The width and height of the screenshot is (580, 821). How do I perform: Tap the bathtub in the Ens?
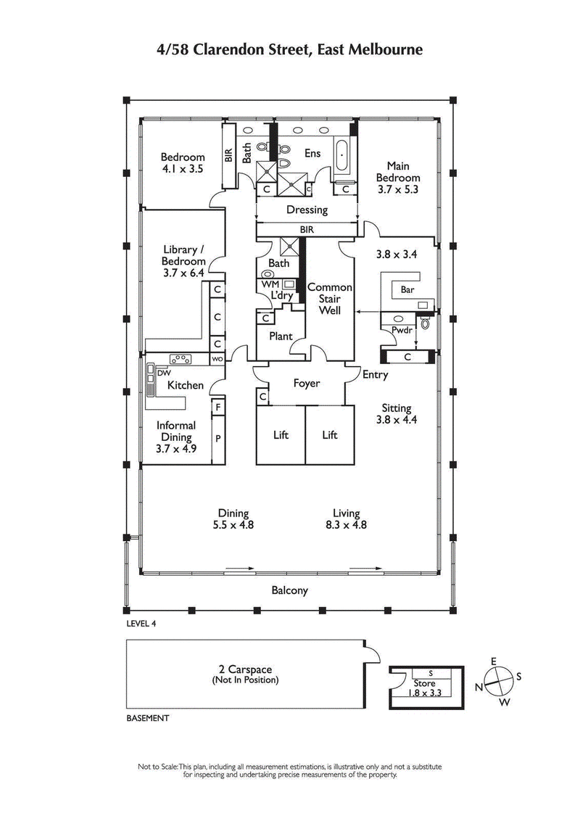pyautogui.click(x=342, y=155)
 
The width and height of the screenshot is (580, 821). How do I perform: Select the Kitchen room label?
pyautogui.click(x=186, y=385)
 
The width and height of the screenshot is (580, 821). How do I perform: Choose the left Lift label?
pyautogui.click(x=281, y=434)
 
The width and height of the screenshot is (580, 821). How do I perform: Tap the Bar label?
pyautogui.click(x=399, y=289)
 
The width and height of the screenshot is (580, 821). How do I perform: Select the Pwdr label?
pyautogui.click(x=402, y=330)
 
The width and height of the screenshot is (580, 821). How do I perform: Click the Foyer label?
pyautogui.click(x=306, y=384)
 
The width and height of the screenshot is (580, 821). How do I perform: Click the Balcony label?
pyautogui.click(x=289, y=590)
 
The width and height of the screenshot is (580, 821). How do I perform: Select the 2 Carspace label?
pyautogui.click(x=245, y=670)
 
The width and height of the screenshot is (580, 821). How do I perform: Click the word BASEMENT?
pyautogui.click(x=148, y=719)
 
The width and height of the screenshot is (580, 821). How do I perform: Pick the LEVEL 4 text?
pyautogui.click(x=141, y=623)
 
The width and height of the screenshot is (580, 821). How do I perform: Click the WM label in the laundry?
pyautogui.click(x=270, y=285)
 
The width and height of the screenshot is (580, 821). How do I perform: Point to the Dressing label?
pyautogui.click(x=307, y=210)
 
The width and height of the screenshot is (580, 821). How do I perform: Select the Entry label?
pyautogui.click(x=376, y=375)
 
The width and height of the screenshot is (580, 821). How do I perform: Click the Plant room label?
pyautogui.click(x=281, y=337)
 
